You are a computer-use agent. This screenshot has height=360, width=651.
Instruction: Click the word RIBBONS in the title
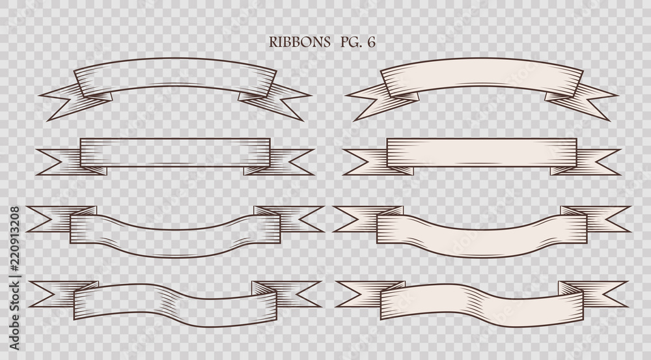[299, 42]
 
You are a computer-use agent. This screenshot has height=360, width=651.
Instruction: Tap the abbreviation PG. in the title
[352, 42]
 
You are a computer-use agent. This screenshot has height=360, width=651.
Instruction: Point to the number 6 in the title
[371, 42]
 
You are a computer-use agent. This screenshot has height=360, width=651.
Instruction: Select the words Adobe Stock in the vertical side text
[14, 314]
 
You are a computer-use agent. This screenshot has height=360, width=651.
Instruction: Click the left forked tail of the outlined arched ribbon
[75, 101]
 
